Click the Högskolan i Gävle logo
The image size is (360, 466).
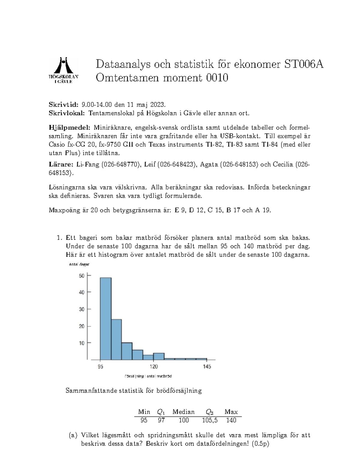click(64, 70)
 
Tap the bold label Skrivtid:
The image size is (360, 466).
click(63, 104)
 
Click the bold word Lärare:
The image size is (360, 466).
click(61, 164)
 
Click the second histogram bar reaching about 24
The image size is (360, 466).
click(116, 339)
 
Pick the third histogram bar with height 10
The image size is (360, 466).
click(127, 351)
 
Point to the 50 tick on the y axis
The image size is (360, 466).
click(82, 275)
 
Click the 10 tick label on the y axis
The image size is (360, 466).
click(82, 343)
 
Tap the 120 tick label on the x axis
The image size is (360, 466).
click(154, 366)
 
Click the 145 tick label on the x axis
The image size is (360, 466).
click(207, 366)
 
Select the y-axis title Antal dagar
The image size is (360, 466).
click(79, 264)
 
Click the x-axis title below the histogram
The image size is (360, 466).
click(148, 376)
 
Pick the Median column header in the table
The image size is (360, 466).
click(183, 412)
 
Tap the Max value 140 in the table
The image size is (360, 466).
click(231, 420)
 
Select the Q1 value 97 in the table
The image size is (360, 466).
click(161, 420)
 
